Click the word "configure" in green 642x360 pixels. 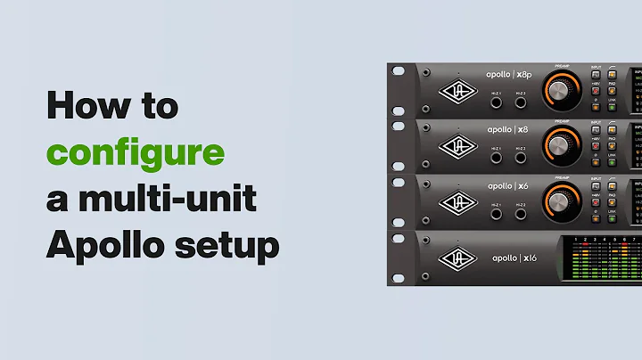[x=136, y=152]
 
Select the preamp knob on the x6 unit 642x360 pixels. [x=560, y=200]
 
